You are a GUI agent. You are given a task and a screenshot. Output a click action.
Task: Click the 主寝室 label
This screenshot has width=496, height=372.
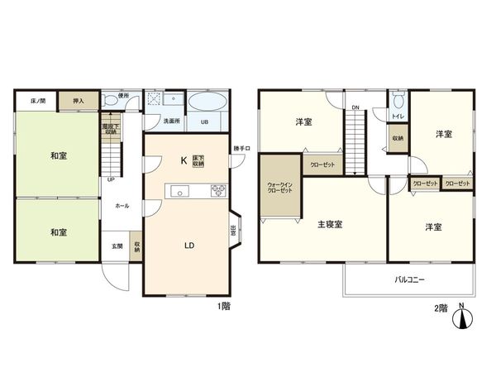(x=328, y=224)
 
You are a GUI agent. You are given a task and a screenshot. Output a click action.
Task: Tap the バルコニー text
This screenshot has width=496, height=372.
(x=408, y=280)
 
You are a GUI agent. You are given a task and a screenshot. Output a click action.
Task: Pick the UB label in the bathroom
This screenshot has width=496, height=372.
(x=204, y=122)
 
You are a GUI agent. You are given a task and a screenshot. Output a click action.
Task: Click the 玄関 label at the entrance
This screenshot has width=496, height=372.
(x=117, y=246)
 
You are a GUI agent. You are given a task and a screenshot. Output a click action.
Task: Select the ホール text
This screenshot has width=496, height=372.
(x=121, y=204)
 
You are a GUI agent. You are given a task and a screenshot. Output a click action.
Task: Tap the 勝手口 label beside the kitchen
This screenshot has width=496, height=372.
(x=241, y=149)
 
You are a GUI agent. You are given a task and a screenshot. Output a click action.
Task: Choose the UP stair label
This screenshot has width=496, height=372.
(x=110, y=178)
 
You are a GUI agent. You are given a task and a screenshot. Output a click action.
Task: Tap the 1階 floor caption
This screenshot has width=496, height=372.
(x=223, y=307)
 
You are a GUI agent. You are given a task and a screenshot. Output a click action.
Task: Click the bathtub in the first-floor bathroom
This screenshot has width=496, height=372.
(x=205, y=103)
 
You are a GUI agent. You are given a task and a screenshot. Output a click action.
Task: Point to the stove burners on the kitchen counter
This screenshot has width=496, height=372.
(x=219, y=190)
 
